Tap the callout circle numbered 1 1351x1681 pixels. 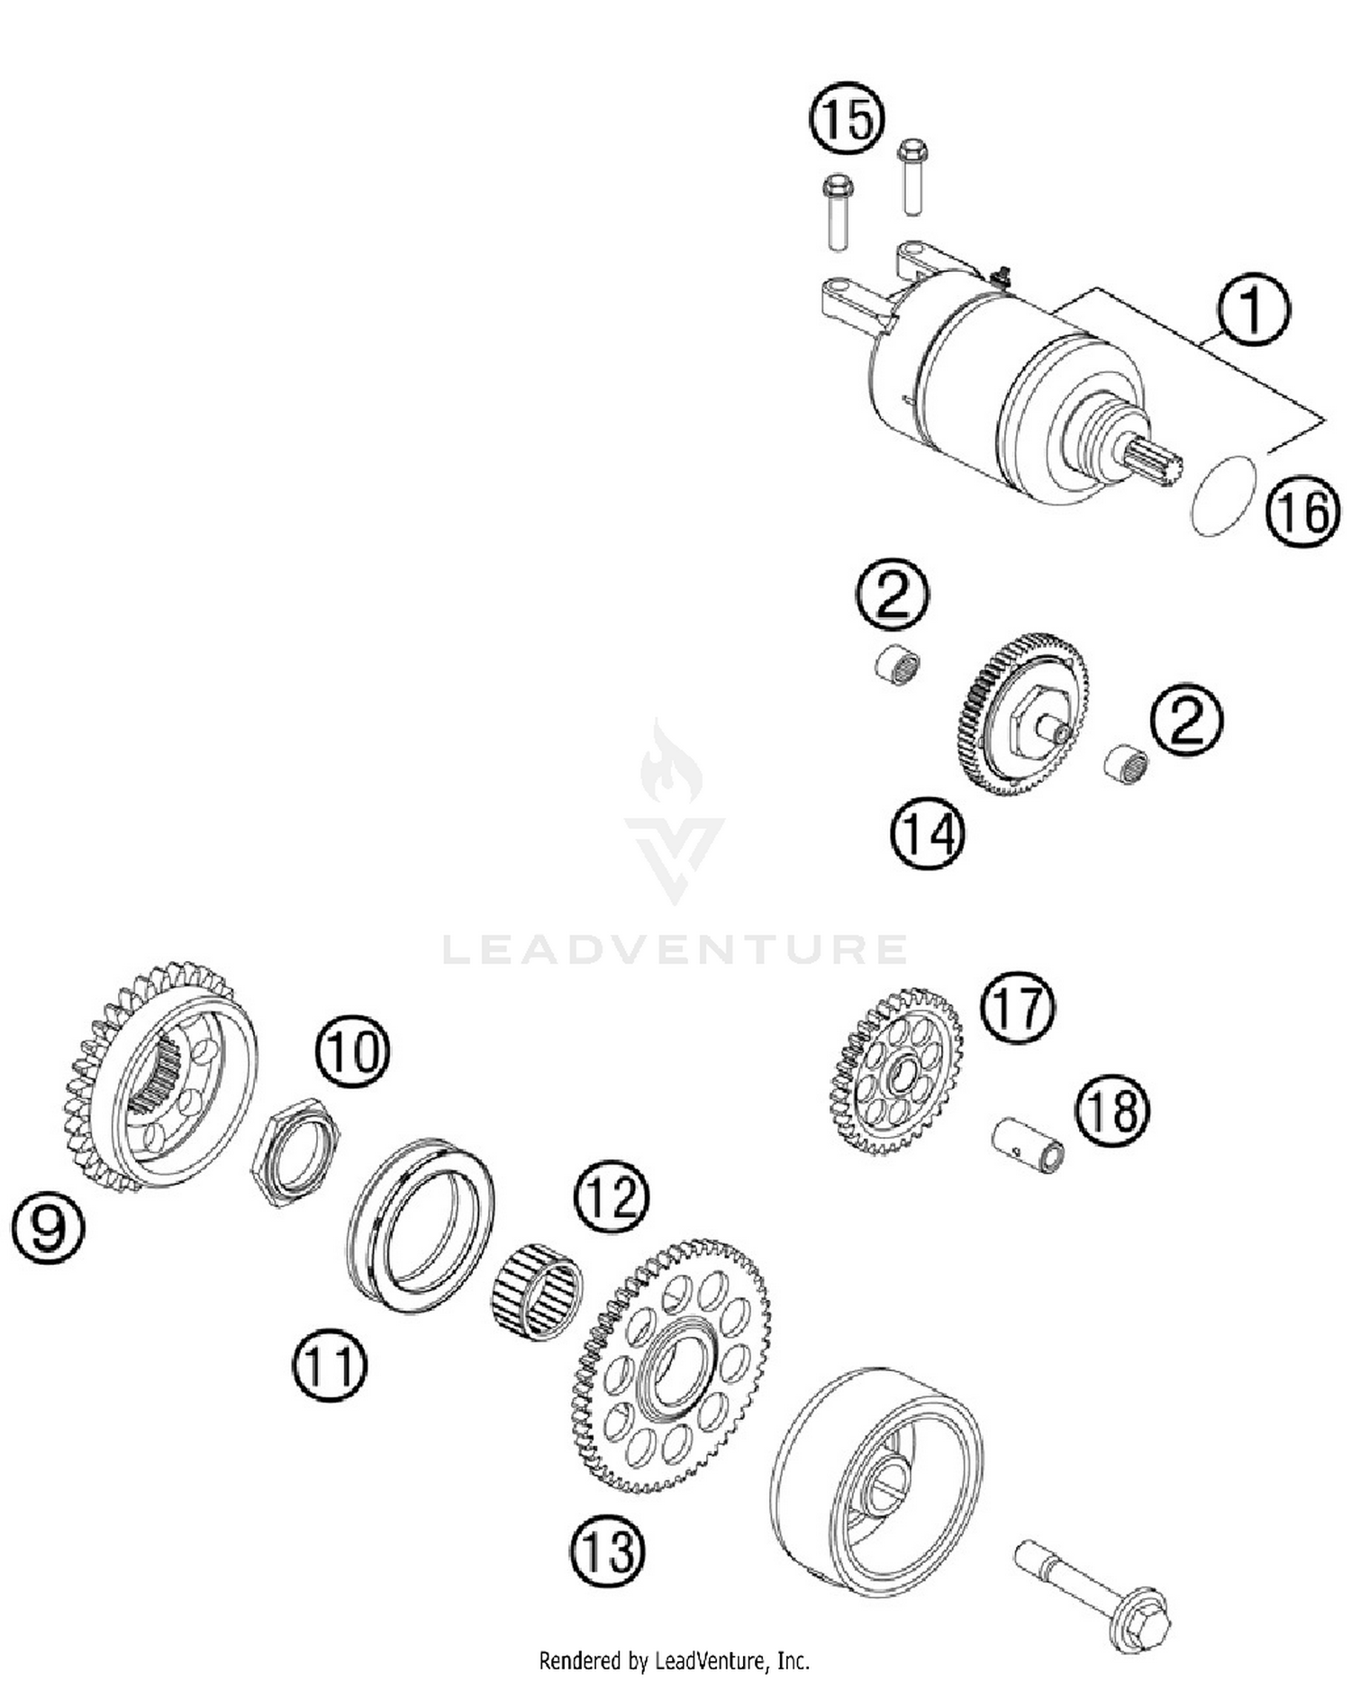(1253, 308)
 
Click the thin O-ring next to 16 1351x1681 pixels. (1223, 498)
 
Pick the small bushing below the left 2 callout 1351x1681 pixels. (898, 666)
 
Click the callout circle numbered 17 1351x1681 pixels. (1018, 1007)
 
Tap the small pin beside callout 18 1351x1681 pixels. (1029, 1147)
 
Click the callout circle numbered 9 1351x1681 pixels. (48, 1227)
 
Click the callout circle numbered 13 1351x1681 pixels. (608, 1550)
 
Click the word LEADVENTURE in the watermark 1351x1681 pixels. (675, 949)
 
